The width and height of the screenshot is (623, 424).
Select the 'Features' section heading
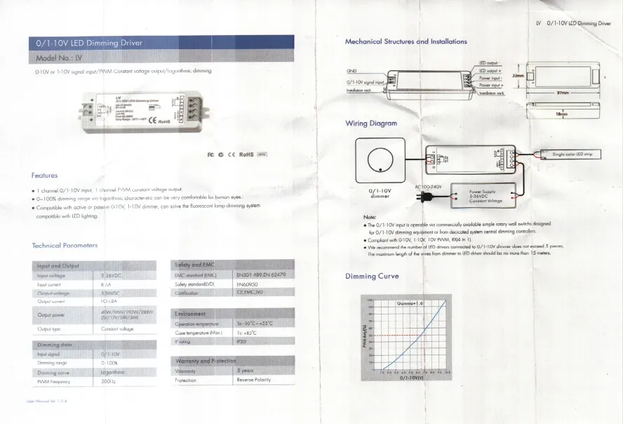point(44,175)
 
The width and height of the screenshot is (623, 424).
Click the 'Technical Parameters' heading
point(65,245)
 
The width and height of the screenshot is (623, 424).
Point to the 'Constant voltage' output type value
point(118,329)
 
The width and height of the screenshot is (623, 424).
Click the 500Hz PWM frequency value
point(108,382)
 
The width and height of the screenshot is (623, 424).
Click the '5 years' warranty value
point(246,370)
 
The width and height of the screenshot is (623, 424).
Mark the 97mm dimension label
point(562,93)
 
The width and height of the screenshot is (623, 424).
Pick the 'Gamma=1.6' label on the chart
point(410,303)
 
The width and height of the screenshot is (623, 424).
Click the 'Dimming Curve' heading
point(372,276)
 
